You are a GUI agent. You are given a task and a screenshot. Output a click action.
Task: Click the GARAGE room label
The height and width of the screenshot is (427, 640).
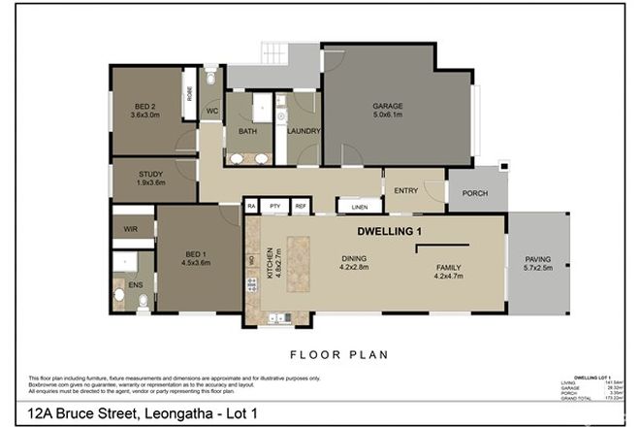pos(388,107)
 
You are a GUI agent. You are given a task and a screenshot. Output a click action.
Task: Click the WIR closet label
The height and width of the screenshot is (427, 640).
pos(129,229)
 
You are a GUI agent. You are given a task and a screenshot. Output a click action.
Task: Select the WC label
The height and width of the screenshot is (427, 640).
pos(210,113)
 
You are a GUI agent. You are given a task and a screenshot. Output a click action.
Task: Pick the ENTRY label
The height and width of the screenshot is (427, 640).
pos(405,190)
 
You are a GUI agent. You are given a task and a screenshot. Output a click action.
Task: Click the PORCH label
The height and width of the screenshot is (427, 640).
pos(474,192)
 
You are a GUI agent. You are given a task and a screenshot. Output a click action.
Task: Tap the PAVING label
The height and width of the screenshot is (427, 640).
pos(538,259)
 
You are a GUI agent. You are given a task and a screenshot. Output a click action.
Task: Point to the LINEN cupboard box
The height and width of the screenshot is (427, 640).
pos(360,207)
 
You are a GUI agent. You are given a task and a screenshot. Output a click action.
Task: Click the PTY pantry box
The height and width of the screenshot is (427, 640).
pos(275,207)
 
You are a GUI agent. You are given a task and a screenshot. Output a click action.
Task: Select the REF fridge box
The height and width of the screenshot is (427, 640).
pos(300,207)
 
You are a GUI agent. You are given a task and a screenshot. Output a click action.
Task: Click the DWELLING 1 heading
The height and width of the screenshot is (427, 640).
pos(390,232)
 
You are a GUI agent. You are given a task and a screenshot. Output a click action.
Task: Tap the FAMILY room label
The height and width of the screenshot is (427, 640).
pos(448,267)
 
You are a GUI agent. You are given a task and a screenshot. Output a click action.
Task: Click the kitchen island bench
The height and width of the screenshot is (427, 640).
pos(298,265)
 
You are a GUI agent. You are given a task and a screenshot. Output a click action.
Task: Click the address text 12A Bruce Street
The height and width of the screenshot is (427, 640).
pos(87,414)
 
